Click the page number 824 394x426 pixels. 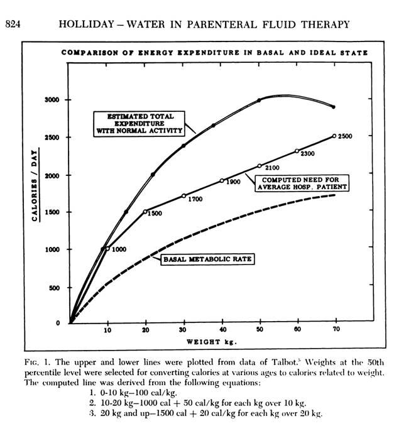click(14, 25)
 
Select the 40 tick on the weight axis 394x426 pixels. click(221, 330)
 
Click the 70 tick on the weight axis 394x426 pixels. click(335, 330)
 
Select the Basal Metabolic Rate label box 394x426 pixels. click(207, 258)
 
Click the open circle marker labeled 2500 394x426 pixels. click(334, 136)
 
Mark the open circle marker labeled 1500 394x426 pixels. click(145, 212)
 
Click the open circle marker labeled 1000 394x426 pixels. click(107, 249)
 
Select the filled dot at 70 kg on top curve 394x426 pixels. click(334, 107)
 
